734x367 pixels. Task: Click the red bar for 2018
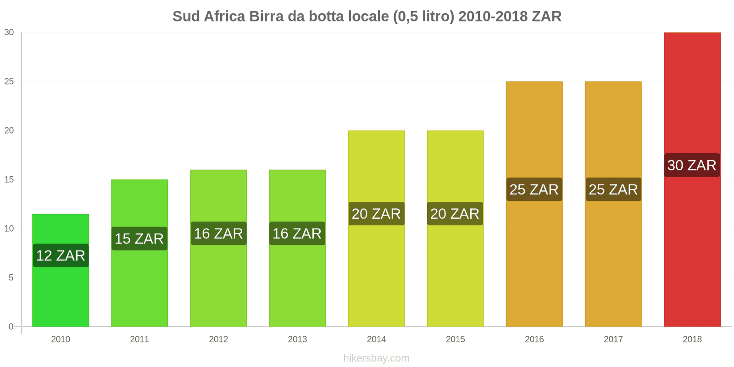click(x=692, y=252)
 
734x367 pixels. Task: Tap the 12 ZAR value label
click(x=61, y=256)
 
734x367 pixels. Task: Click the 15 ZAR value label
click(x=139, y=239)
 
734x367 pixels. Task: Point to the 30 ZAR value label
click(x=692, y=165)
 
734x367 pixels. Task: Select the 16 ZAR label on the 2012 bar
click(x=218, y=234)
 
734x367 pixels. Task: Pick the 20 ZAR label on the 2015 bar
click(x=455, y=214)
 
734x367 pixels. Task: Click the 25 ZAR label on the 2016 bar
click(x=534, y=189)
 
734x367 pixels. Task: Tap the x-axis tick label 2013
click(x=297, y=339)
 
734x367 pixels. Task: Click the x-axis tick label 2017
click(x=613, y=339)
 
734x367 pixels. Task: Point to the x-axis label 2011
click(x=139, y=339)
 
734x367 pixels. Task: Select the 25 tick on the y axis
click(x=9, y=82)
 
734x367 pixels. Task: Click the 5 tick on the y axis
click(x=11, y=278)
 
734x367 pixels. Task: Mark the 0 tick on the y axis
click(x=11, y=327)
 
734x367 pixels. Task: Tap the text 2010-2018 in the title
click(x=493, y=17)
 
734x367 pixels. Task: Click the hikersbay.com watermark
click(x=376, y=358)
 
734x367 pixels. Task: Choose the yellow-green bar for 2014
click(x=376, y=275)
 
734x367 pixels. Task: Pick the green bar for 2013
click(x=297, y=284)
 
